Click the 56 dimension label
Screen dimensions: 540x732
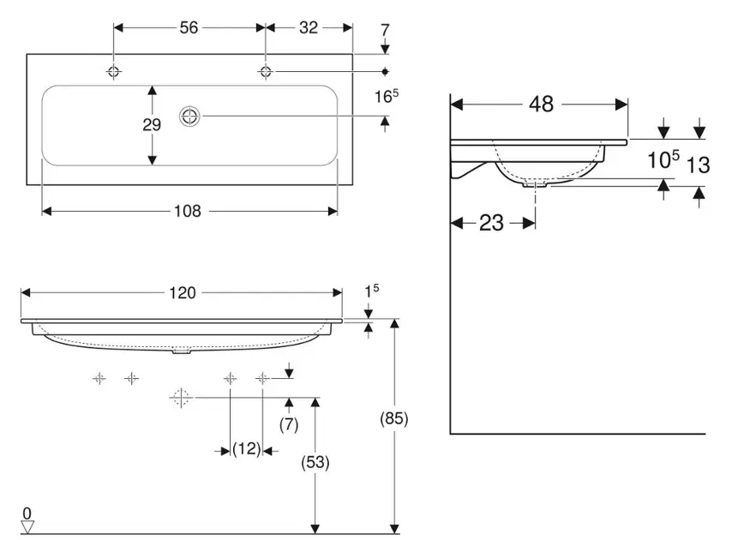189,27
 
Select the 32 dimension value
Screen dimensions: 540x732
309,27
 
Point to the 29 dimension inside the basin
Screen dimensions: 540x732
152,125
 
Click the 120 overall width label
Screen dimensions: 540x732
182,293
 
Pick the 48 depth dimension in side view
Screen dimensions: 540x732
541,105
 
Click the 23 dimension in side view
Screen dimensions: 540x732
491,224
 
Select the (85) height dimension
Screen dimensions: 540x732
393,419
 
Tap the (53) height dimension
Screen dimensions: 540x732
315,461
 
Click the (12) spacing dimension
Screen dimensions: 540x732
246,448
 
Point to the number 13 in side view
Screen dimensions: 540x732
699,165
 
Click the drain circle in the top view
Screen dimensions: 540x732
189,117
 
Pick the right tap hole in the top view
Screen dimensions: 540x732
266,71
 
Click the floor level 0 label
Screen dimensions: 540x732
27,513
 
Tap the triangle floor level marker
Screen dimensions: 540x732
27,526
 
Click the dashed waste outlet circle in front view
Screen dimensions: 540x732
180,397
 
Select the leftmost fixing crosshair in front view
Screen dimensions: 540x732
99,378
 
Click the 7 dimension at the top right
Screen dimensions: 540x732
385,28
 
